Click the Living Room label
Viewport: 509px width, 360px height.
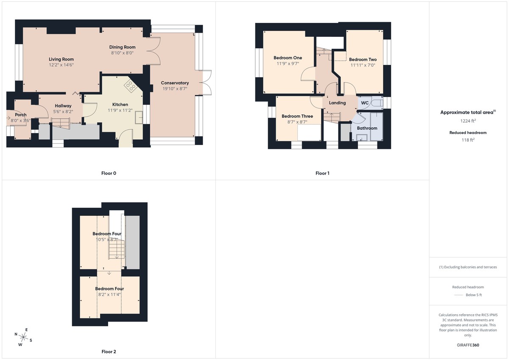61,59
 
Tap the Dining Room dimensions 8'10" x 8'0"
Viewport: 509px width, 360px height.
122,53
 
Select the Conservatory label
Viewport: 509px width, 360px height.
175,83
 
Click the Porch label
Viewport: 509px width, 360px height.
21,115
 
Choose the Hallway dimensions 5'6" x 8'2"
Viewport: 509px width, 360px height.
63,112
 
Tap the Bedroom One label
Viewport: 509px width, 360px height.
288,58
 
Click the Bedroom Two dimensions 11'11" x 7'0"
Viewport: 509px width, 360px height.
363,65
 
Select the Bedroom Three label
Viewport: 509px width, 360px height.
297,116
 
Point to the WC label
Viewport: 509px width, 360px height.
365,103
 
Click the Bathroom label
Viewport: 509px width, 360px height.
367,128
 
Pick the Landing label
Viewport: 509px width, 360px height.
337,103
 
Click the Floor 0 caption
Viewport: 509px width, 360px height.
109,173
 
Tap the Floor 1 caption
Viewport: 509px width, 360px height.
322,173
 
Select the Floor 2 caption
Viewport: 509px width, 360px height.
109,352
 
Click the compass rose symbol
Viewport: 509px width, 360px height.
24,338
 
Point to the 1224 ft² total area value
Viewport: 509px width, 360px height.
468,121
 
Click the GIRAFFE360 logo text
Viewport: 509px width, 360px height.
468,345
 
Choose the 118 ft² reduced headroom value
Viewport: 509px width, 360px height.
468,140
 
